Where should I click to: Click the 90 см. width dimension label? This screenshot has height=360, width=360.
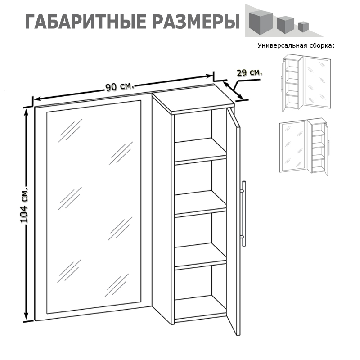120,86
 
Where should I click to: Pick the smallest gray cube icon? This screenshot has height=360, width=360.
303,27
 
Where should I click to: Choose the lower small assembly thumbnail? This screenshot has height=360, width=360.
304,147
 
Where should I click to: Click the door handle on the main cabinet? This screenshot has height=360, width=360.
243,213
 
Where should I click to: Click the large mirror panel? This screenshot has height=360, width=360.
94,207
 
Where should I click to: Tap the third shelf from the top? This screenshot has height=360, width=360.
200,255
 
